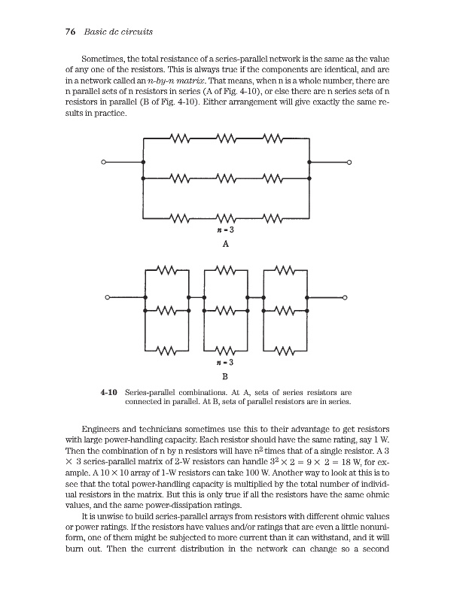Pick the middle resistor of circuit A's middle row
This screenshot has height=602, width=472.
tap(226, 179)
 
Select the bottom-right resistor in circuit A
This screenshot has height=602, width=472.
tap(274, 219)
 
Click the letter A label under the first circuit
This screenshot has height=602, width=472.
tap(225, 245)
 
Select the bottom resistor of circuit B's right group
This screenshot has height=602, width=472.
tap(285, 349)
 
